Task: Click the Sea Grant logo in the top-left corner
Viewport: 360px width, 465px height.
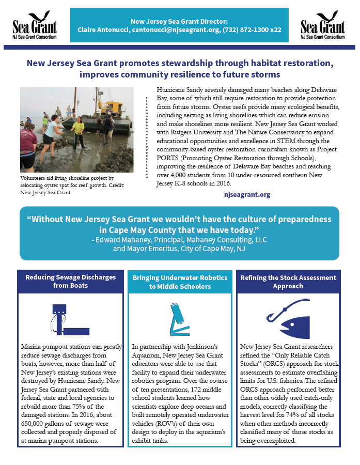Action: coord(34,25)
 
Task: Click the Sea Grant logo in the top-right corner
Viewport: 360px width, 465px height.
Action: coord(322,25)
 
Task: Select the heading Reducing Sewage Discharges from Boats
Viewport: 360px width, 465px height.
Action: coord(71,281)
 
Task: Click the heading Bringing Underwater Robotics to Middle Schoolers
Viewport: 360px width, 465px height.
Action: coord(179,282)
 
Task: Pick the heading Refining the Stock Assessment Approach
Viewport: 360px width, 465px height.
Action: coord(288,281)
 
